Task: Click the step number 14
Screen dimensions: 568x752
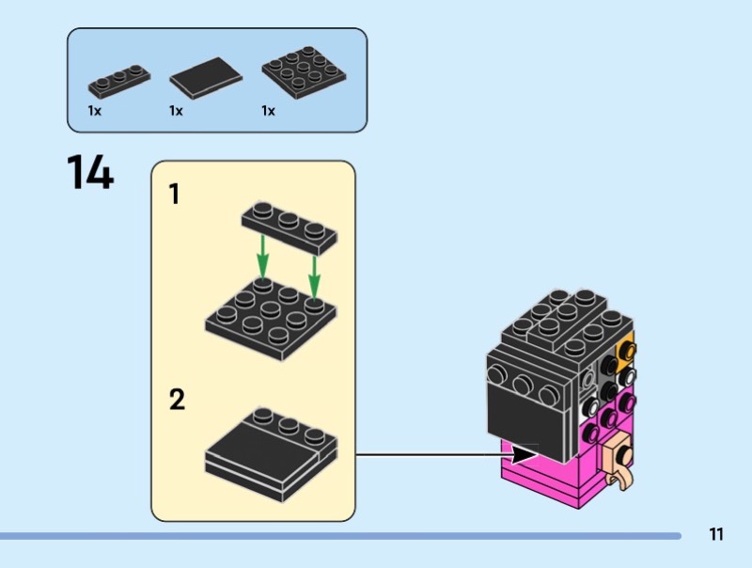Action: click(x=90, y=174)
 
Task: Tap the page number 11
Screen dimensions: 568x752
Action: click(x=716, y=535)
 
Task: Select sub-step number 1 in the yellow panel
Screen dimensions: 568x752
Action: click(x=174, y=195)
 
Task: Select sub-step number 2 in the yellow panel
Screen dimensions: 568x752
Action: click(x=176, y=401)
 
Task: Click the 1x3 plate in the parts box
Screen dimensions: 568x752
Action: click(x=119, y=81)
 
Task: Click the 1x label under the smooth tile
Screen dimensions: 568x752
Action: click(x=176, y=111)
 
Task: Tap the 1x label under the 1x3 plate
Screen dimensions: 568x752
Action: click(x=95, y=111)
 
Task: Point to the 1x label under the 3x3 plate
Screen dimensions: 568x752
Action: click(x=268, y=111)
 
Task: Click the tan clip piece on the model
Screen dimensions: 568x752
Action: click(x=619, y=462)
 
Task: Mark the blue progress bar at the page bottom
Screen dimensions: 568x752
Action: click(x=338, y=536)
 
